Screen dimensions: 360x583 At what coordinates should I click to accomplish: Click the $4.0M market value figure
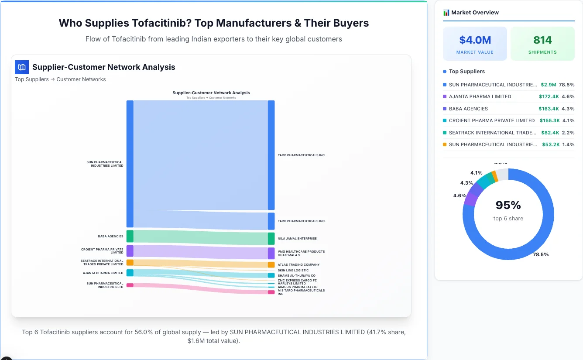pos(475,40)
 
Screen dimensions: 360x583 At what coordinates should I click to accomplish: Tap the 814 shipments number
pos(542,40)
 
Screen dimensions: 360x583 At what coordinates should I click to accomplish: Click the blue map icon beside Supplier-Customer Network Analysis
pos(22,67)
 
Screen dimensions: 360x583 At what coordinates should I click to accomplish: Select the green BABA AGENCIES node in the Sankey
pos(130,236)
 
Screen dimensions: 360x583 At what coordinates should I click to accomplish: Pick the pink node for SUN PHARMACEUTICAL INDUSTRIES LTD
pos(130,285)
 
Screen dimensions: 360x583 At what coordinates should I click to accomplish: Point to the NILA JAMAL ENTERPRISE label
pos(297,239)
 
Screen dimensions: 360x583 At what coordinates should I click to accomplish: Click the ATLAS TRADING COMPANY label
pos(298,265)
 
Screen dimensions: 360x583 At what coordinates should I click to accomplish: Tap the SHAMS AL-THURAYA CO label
pos(296,276)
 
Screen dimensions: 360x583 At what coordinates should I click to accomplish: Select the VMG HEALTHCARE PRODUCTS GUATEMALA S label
pos(301,253)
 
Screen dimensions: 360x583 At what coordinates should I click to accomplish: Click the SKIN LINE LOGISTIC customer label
pos(293,271)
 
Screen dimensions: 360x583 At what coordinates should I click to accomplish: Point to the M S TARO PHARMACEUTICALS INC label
pos(301,292)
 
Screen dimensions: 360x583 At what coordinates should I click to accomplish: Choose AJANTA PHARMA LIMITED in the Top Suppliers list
pos(480,96)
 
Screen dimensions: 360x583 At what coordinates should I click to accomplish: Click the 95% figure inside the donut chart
pos(508,205)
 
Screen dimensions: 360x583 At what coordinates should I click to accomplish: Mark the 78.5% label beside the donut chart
pos(541,254)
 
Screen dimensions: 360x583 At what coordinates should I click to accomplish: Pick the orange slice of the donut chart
pos(494,176)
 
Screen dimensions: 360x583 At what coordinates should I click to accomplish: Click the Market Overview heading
pos(475,13)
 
